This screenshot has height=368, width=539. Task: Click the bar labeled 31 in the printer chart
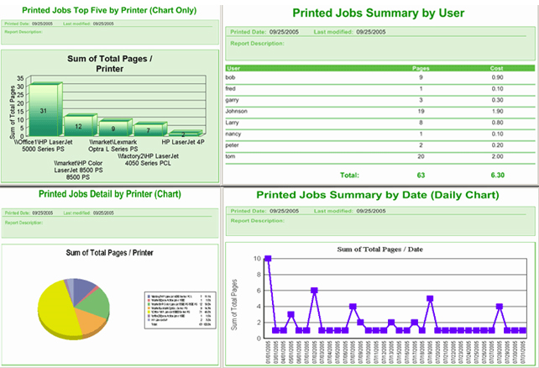42,109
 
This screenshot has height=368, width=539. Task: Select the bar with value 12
78,126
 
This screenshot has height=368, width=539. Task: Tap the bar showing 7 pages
148,129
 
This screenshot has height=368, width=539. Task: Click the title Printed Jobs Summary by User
378,13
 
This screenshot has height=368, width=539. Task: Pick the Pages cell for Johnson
421,110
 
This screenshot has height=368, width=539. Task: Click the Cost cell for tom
498,156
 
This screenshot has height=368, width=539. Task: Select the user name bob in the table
232,77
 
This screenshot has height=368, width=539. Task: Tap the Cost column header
498,66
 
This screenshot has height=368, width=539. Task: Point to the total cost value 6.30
498,175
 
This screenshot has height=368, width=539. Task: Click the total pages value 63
421,175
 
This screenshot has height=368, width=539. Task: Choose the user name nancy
234,133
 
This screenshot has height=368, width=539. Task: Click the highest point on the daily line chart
268,259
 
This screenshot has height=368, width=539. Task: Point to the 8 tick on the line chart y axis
257,273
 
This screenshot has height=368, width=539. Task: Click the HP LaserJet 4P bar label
183,143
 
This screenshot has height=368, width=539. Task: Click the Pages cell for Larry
421,122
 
